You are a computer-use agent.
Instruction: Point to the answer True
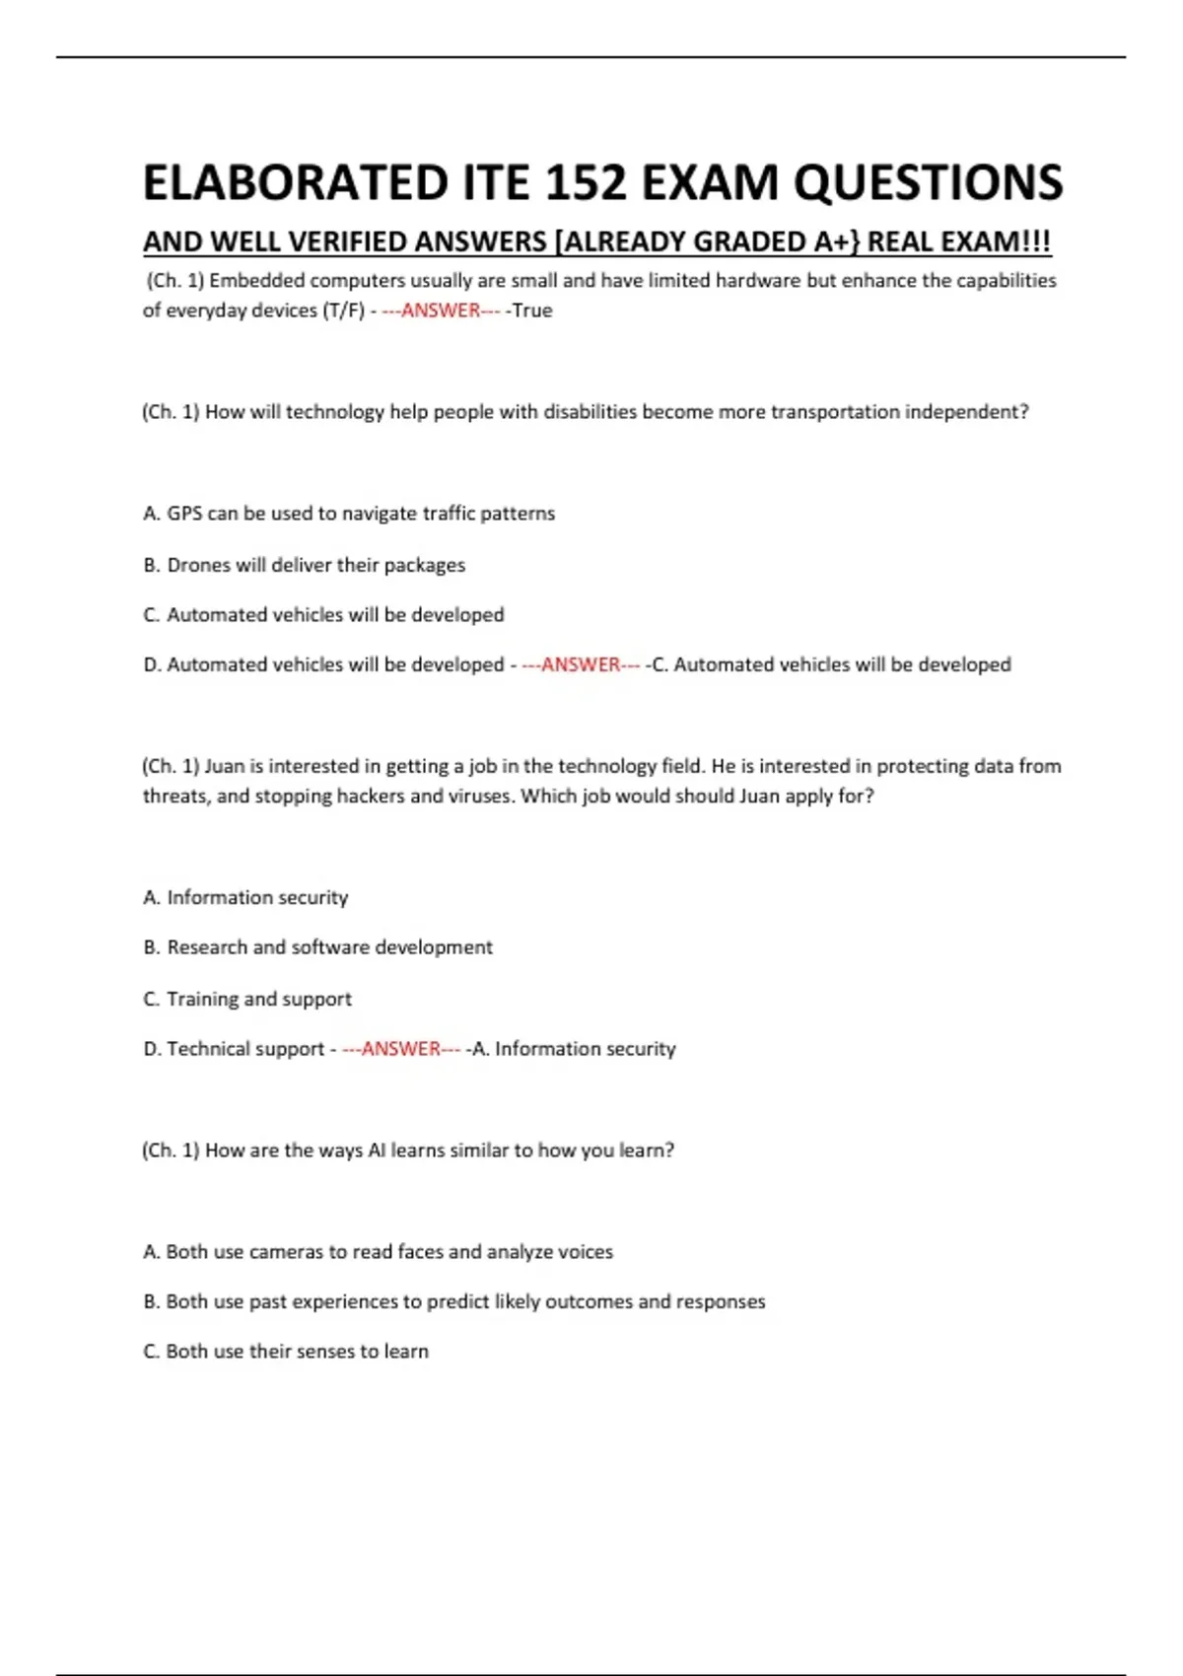click(532, 311)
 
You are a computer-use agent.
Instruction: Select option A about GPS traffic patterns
click(349, 514)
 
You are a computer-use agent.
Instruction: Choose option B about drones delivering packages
click(305, 565)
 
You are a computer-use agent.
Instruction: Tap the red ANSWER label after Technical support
click(401, 1049)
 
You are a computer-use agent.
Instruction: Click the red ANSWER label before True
click(441, 311)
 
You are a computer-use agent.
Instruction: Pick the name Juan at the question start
click(224, 766)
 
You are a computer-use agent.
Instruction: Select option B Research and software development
click(317, 947)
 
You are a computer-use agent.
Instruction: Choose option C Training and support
click(247, 999)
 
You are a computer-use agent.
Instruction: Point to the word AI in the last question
click(377, 1151)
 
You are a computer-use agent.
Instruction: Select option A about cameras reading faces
click(378, 1252)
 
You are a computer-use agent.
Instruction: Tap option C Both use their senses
click(286, 1352)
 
